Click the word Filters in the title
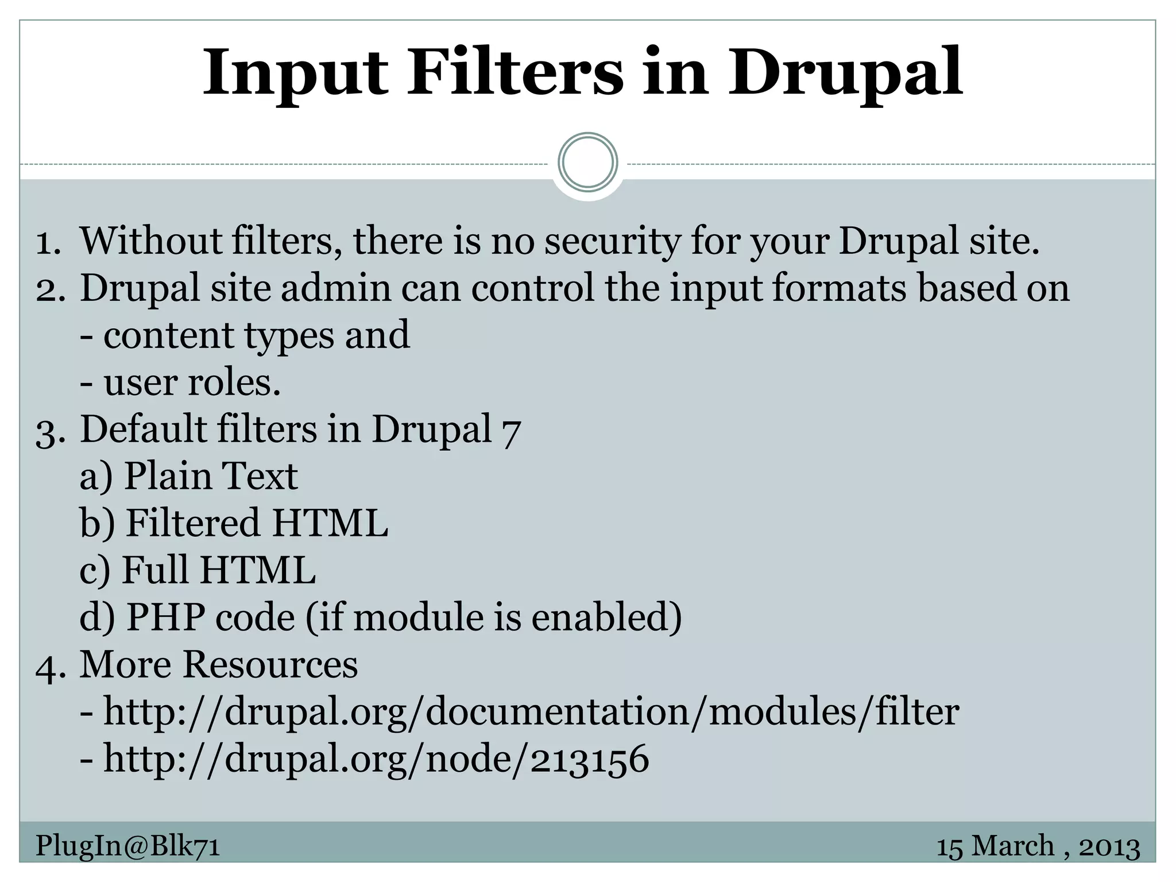click(515, 73)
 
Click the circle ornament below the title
click(587, 163)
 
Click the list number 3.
click(48, 431)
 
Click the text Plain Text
click(211, 476)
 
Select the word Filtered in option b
click(193, 523)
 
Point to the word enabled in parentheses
click(606, 617)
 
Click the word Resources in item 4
click(270, 664)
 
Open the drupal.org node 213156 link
click(376, 759)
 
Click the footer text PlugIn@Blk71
click(127, 846)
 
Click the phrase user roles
click(192, 382)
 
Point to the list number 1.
click(48, 242)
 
